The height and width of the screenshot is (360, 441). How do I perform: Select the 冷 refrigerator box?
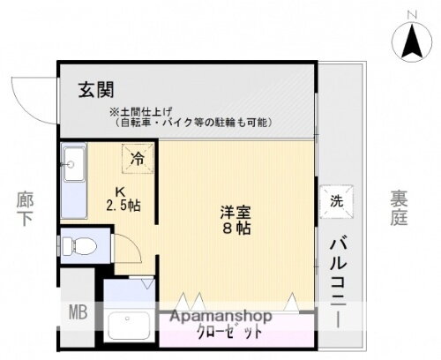tap(138, 160)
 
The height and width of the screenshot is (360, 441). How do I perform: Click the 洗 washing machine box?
tap(336, 199)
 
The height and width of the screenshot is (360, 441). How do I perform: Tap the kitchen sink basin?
tap(72, 162)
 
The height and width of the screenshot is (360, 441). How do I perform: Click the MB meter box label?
tap(78, 311)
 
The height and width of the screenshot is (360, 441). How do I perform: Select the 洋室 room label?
tap(236, 213)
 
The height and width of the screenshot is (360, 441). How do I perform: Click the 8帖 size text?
tap(236, 229)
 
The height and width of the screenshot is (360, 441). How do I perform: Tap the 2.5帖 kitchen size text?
tap(124, 206)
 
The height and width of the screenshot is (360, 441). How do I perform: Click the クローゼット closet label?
tap(229, 334)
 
